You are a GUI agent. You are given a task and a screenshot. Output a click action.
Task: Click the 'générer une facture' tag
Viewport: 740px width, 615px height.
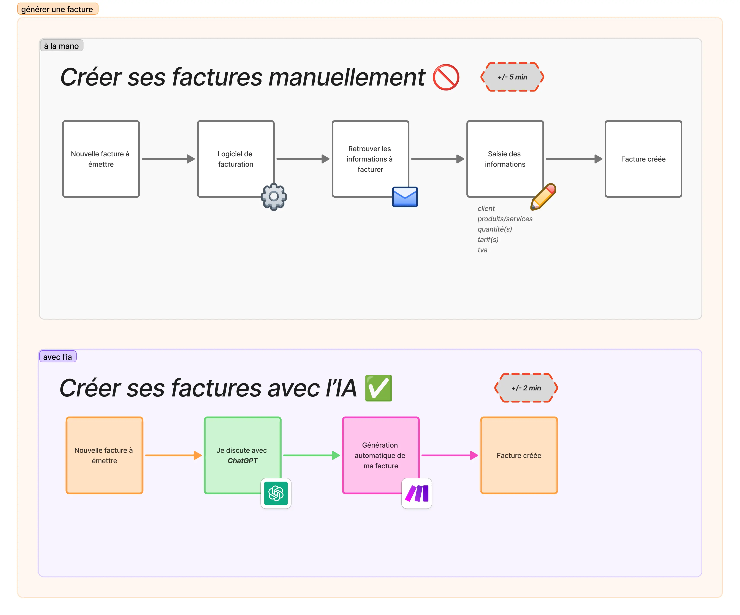pyautogui.click(x=57, y=9)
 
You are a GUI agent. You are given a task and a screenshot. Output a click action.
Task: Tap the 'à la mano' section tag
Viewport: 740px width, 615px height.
pyautogui.click(x=61, y=46)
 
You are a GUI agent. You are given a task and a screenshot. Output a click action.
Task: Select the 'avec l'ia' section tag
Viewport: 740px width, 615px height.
pyautogui.click(x=57, y=357)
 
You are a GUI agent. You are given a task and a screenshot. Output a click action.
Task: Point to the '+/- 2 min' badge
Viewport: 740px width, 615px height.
pyautogui.click(x=526, y=388)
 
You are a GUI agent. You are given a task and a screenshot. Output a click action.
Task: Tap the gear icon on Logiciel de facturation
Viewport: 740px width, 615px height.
pyautogui.click(x=274, y=197)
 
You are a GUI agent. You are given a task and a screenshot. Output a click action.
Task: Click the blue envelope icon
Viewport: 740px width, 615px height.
pyautogui.click(x=405, y=197)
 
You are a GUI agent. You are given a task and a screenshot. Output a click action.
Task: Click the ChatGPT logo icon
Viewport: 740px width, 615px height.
pyautogui.click(x=276, y=493)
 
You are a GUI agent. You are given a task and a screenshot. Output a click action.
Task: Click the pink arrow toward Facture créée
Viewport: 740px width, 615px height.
pyautogui.click(x=449, y=455)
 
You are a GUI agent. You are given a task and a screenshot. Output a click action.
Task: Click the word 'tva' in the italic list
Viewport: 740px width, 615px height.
pyautogui.click(x=482, y=250)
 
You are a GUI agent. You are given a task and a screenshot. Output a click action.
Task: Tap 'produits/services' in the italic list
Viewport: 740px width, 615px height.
pyautogui.click(x=505, y=219)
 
